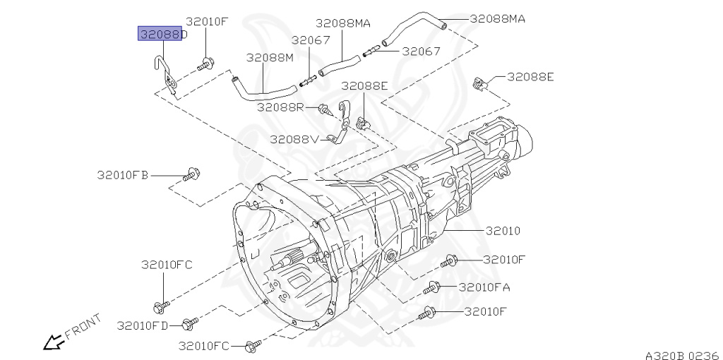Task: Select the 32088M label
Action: coord(269,57)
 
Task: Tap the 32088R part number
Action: coord(280,107)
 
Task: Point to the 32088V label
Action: coord(294,138)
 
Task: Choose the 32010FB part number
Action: coord(123,174)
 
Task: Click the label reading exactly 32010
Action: coord(502,231)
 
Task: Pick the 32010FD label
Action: coord(143,325)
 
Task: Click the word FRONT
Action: coord(83,325)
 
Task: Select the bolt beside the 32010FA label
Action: coord(433,288)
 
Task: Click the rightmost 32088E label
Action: coord(530,77)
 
